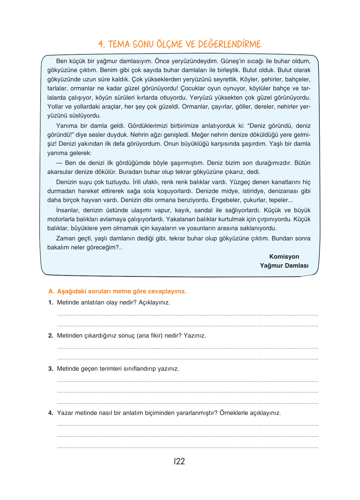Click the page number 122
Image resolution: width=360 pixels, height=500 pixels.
179,461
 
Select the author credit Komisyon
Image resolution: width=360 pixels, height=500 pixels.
284,256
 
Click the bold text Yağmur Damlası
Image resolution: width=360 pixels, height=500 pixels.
284,265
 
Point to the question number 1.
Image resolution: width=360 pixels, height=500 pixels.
51,303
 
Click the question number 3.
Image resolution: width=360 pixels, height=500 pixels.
51,369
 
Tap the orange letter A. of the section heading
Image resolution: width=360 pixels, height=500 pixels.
51,291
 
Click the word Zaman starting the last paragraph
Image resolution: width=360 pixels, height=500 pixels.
65,239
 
